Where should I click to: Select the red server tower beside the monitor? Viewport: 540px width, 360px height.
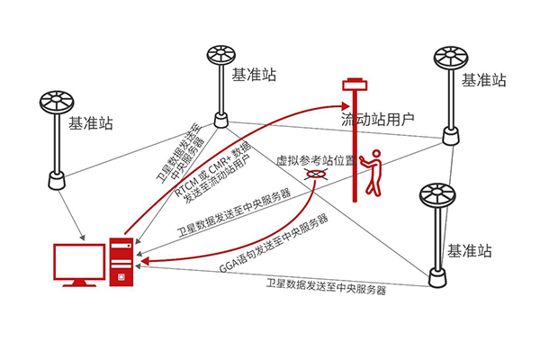[121, 262]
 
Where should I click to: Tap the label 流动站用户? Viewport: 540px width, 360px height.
[377, 118]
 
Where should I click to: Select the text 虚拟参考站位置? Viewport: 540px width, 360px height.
[311, 161]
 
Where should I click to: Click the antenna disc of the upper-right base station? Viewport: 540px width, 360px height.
[450, 60]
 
